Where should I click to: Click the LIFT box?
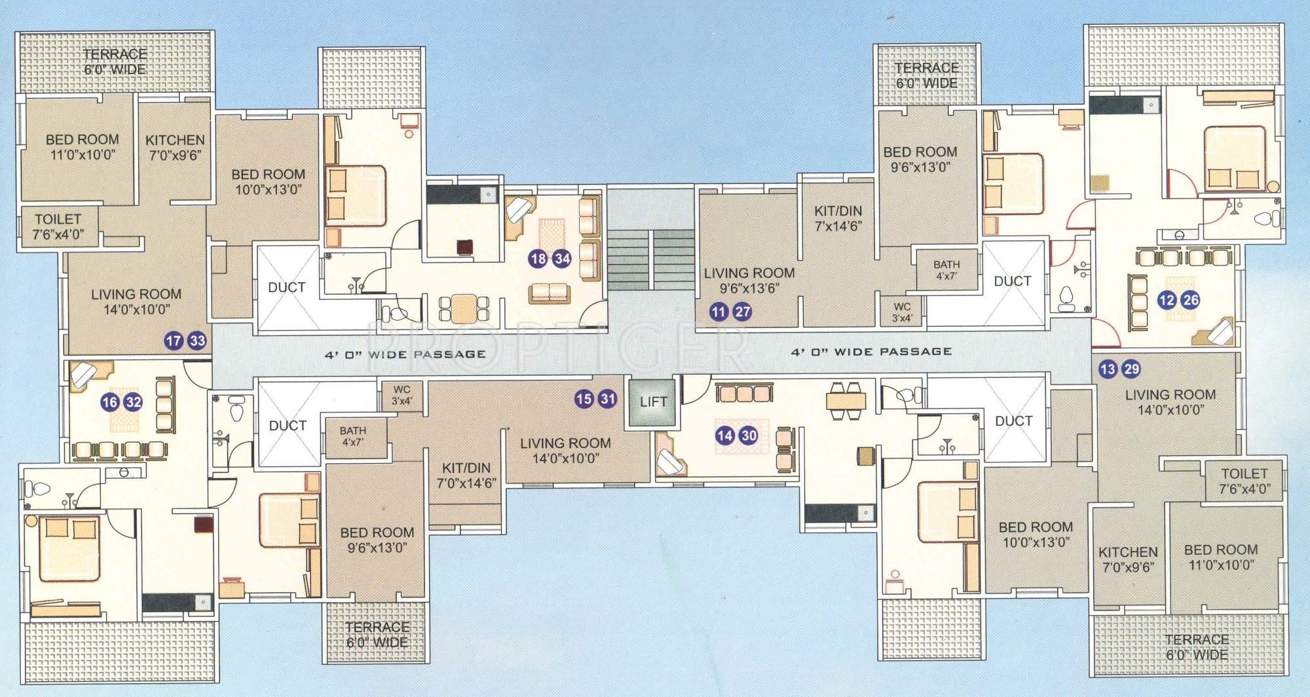(652, 402)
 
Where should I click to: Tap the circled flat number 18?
(538, 259)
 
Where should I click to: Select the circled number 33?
(197, 341)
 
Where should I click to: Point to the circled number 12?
(1167, 301)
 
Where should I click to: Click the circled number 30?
(749, 436)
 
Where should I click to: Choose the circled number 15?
(584, 399)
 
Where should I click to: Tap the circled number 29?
(1131, 369)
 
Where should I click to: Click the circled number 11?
(719, 312)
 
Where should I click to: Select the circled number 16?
(109, 402)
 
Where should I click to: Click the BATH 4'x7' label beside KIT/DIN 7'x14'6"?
(946, 270)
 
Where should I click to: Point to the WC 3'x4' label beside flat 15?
(402, 395)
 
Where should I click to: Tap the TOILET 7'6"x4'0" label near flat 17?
(58, 227)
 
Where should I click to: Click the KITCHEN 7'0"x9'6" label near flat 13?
(1128, 559)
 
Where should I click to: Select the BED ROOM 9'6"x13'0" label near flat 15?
(377, 540)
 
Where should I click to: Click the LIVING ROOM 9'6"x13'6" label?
(749, 280)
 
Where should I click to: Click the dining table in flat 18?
(464, 308)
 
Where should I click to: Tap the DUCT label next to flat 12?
(1013, 281)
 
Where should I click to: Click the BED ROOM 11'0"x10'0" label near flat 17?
(83, 147)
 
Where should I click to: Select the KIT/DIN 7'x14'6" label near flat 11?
(838, 218)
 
